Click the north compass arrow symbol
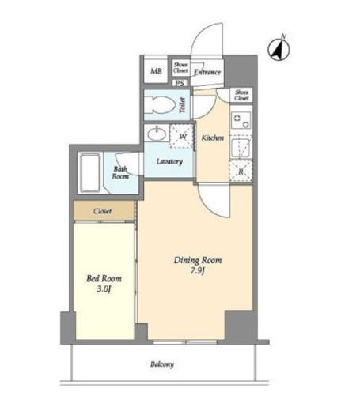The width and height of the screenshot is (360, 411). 279,49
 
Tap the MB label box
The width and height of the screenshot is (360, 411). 156,70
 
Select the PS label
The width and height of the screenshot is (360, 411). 180,83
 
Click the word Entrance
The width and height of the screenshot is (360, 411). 207,72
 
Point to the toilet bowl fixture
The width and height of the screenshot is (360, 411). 160,105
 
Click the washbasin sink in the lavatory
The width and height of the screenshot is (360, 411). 157,134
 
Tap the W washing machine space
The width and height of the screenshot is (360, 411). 182,136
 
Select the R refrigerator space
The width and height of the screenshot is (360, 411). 241,171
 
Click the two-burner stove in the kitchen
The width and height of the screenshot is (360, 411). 241,120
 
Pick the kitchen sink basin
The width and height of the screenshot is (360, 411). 241,148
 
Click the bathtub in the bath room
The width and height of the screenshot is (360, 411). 90,173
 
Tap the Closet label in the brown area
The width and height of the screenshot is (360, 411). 102,211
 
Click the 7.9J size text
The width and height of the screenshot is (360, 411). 198,271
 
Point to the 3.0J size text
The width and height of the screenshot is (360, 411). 104,289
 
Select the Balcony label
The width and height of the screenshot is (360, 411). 162,364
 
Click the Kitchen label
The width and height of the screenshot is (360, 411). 213,138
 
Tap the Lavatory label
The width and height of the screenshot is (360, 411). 169,161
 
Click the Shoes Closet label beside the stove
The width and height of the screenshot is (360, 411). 241,95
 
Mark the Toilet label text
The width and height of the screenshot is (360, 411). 183,105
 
